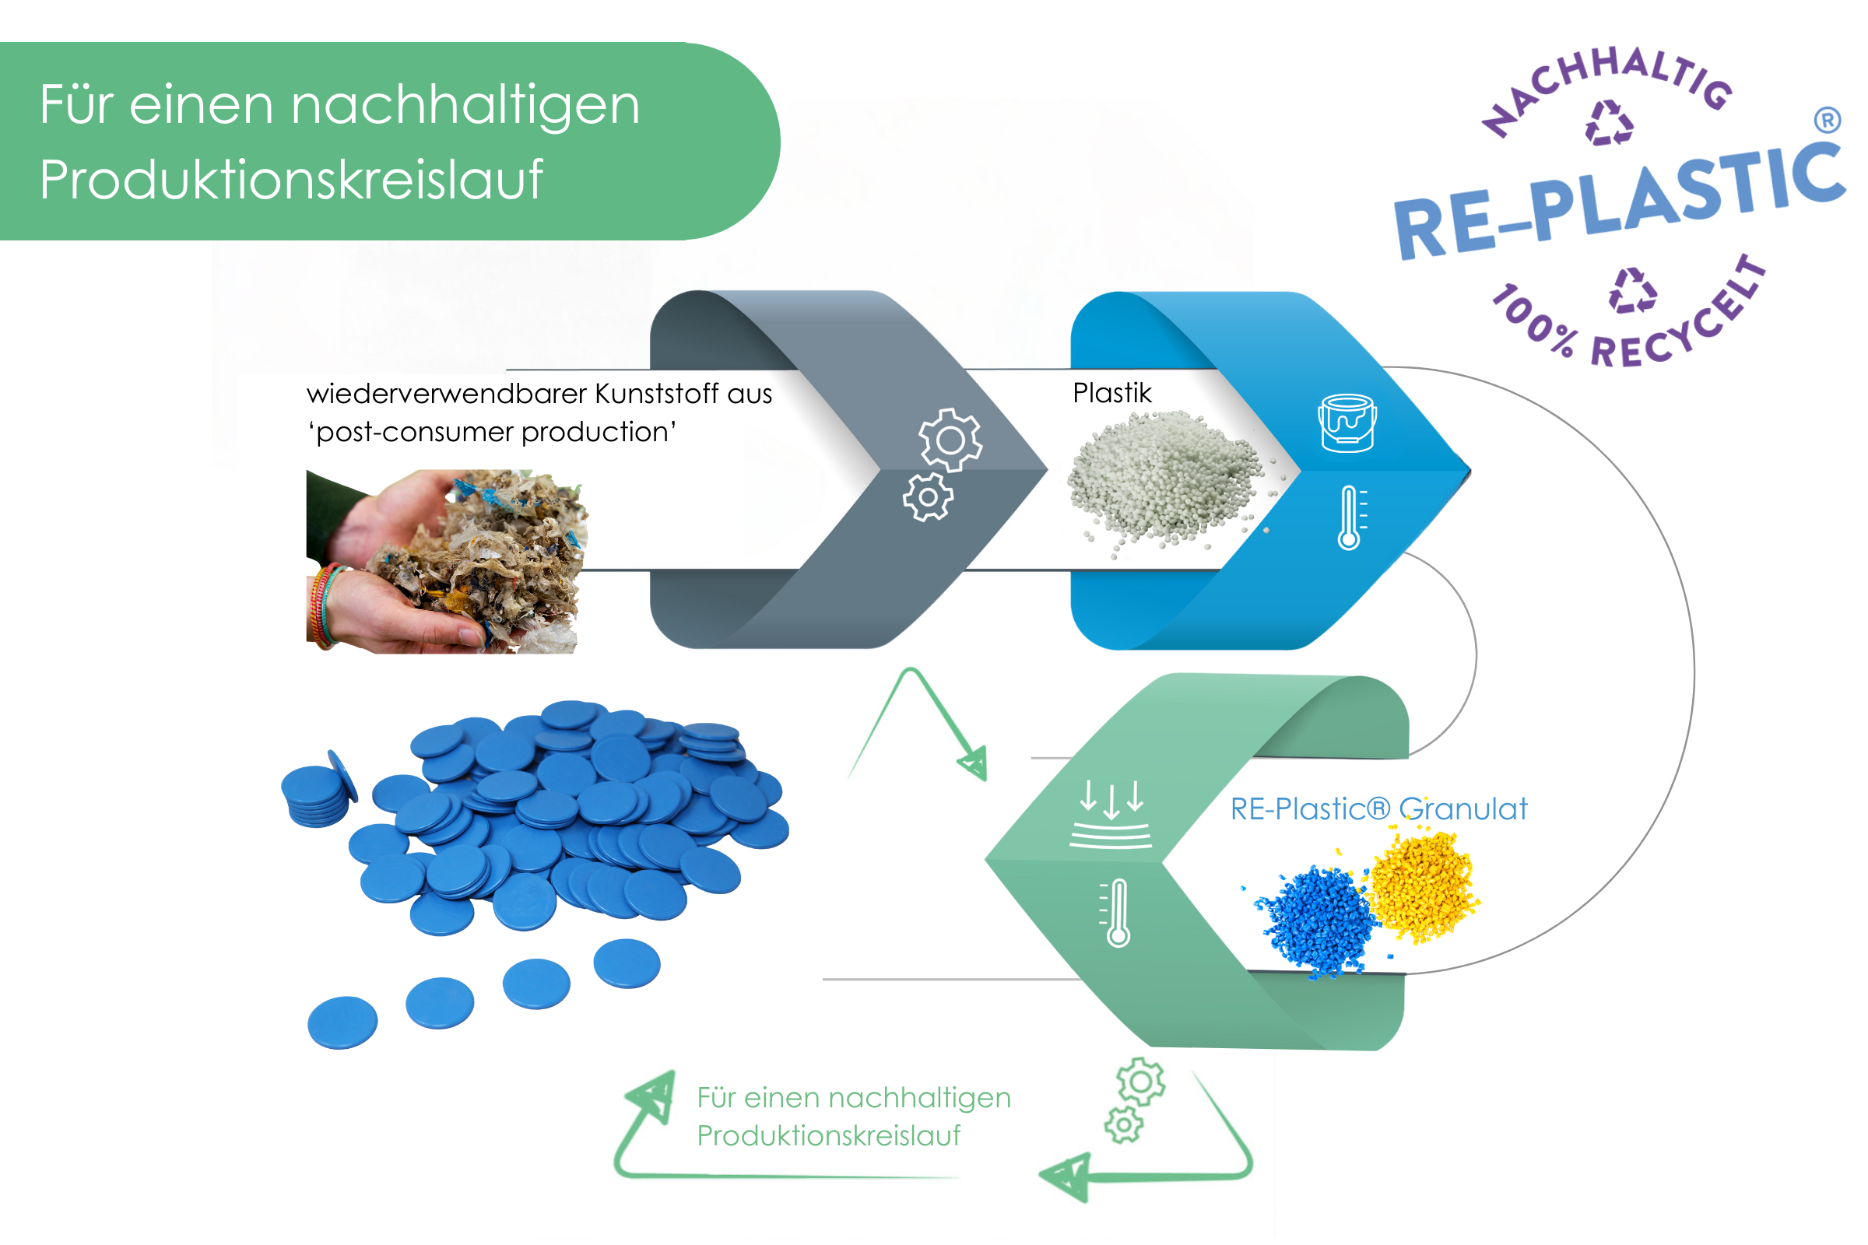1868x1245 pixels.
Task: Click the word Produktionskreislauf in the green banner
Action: click(290, 181)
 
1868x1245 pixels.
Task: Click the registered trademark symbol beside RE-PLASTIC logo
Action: click(1827, 120)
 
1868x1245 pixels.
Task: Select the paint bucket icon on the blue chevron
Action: click(1347, 423)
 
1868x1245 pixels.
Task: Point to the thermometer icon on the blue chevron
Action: click(1350, 517)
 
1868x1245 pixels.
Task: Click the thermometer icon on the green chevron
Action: click(1118, 912)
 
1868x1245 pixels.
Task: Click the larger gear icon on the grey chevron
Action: click(950, 439)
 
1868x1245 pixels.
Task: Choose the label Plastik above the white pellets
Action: click(1111, 393)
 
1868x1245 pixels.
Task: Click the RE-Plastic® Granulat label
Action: click(1378, 809)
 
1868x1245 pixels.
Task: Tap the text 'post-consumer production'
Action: click(493, 432)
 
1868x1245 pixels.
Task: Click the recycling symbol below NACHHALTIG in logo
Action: click(1609, 124)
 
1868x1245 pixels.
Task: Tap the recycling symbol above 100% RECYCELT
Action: click(1632, 290)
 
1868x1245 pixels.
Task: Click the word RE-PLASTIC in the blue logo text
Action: click(1620, 202)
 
